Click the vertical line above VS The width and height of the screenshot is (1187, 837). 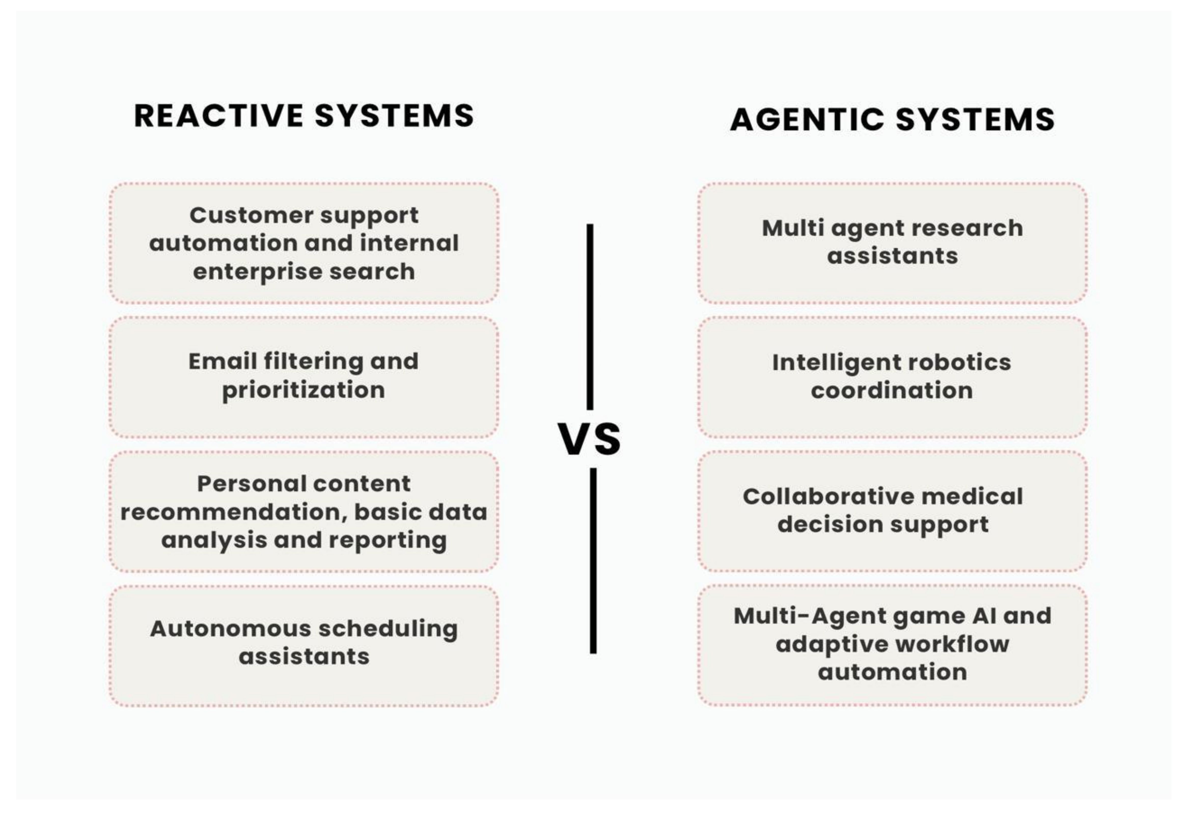coord(590,317)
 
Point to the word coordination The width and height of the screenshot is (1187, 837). coord(892,391)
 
